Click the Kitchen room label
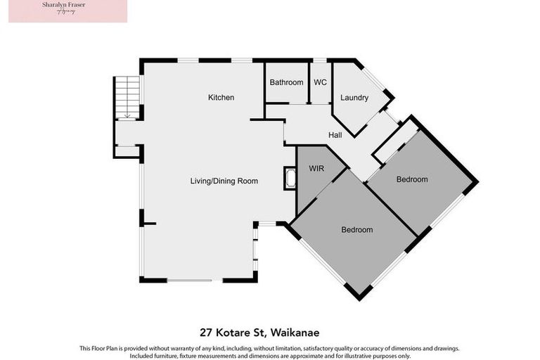[x=221, y=97]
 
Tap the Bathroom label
[x=286, y=82]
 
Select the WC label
[x=320, y=82]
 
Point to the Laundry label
[x=354, y=98]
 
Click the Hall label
[x=335, y=134]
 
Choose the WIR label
[x=315, y=169]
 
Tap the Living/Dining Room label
[x=224, y=181]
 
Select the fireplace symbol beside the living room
[x=290, y=178]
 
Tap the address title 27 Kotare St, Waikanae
[x=269, y=332]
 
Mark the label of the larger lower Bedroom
[x=356, y=230]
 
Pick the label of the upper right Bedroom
[x=411, y=179]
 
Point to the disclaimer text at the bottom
[x=269, y=351]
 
